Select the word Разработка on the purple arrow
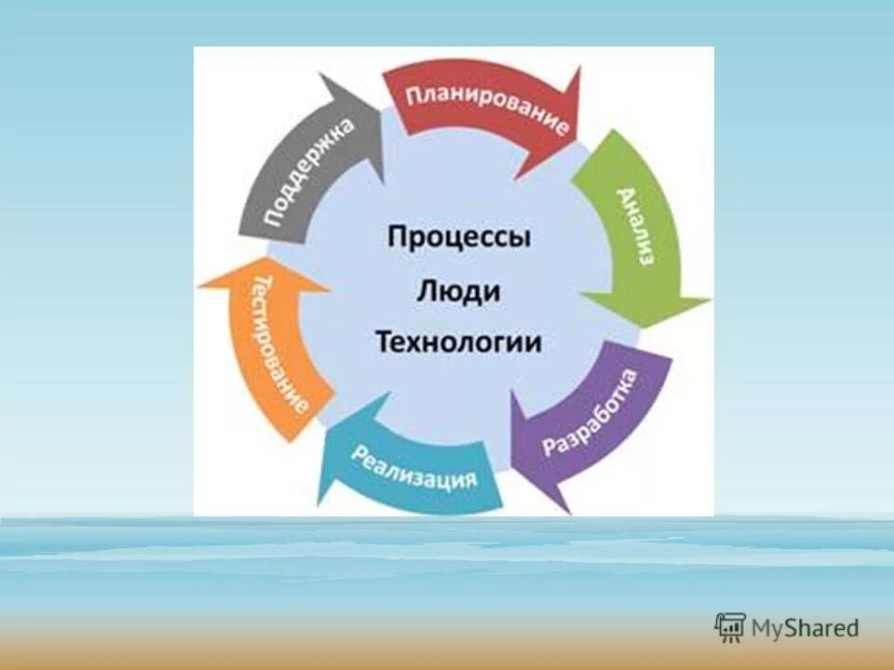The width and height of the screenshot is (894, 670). tap(591, 412)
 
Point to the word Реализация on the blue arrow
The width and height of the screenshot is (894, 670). tap(414, 467)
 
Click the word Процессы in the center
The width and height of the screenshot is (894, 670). tap(459, 237)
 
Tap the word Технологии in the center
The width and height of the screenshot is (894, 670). tap(458, 342)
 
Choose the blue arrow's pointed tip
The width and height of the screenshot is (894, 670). tap(321, 503)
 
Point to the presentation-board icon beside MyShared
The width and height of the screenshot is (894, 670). tap(730, 627)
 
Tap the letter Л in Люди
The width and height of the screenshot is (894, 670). tap(425, 291)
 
